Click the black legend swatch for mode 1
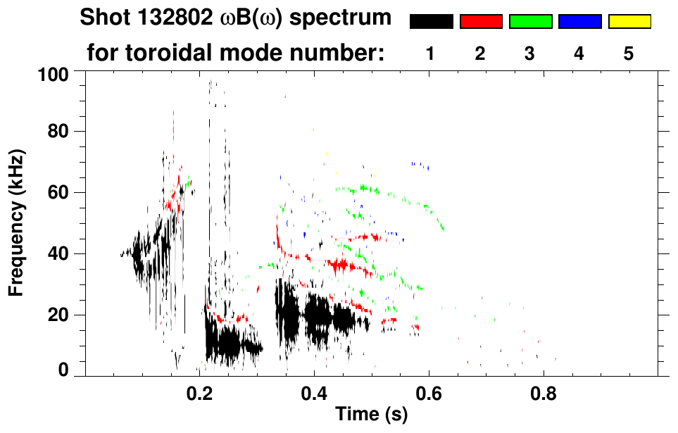pos(431,22)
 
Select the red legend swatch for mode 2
pos(481,22)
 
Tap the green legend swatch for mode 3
pos(530,22)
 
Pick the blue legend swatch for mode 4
pos(579,22)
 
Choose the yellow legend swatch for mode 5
pos(629,22)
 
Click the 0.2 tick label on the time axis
pos(199,391)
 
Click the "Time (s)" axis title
pos(371,415)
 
